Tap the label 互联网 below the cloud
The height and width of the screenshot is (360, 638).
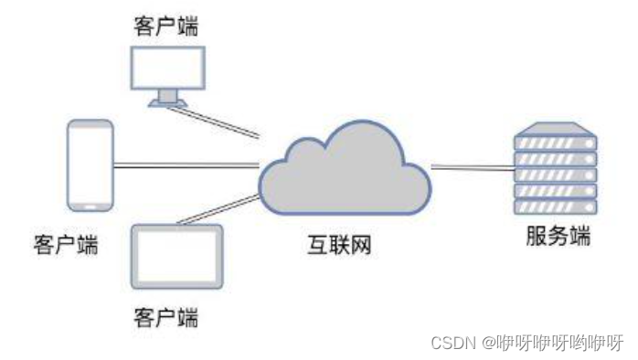tap(340, 245)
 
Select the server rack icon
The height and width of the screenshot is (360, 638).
tap(555, 170)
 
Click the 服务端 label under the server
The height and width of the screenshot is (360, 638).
tap(558, 237)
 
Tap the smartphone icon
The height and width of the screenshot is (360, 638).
tap(90, 165)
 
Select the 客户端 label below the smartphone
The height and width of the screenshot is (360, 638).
tap(66, 244)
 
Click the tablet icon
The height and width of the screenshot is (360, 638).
tap(177, 257)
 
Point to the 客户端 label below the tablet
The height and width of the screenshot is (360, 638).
tap(165, 318)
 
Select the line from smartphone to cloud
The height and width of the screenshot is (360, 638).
tap(183, 164)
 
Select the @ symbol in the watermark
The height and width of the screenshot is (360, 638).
tap(489, 343)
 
